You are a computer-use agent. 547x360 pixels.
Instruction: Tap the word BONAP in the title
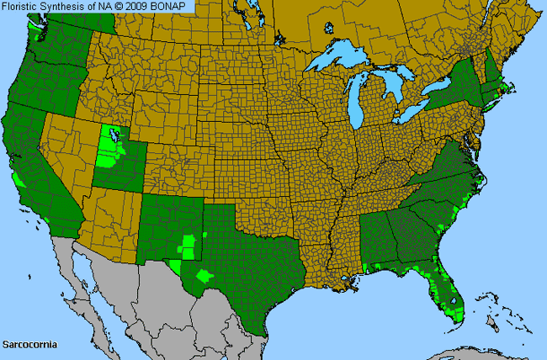[173, 7]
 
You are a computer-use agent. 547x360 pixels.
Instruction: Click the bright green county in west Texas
[204, 274]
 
